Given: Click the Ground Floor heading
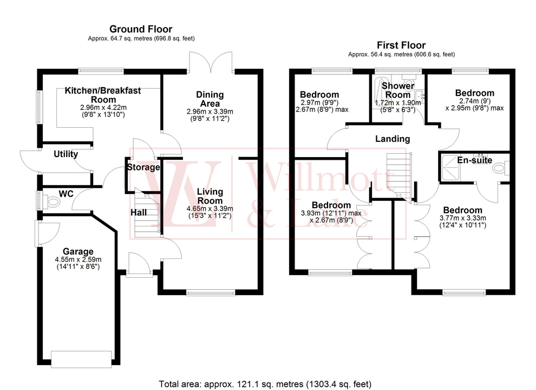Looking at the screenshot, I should (x=141, y=29).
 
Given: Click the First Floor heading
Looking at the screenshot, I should (x=401, y=45).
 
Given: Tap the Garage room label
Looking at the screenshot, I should (x=78, y=251).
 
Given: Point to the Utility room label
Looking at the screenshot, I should (x=66, y=154).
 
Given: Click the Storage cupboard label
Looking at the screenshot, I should (x=143, y=167).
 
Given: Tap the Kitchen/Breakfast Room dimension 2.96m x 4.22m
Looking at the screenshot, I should (x=103, y=108).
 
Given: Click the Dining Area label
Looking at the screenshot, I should (x=210, y=99).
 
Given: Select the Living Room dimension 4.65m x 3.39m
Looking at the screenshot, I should (x=210, y=209).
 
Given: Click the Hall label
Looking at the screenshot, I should (x=139, y=212).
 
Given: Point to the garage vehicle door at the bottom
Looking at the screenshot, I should (x=77, y=358).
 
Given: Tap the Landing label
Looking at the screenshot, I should (x=393, y=139).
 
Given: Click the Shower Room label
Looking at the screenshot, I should (x=398, y=90).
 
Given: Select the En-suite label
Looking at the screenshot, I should (x=474, y=160).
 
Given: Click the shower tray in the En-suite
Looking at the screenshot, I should (x=453, y=168).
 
